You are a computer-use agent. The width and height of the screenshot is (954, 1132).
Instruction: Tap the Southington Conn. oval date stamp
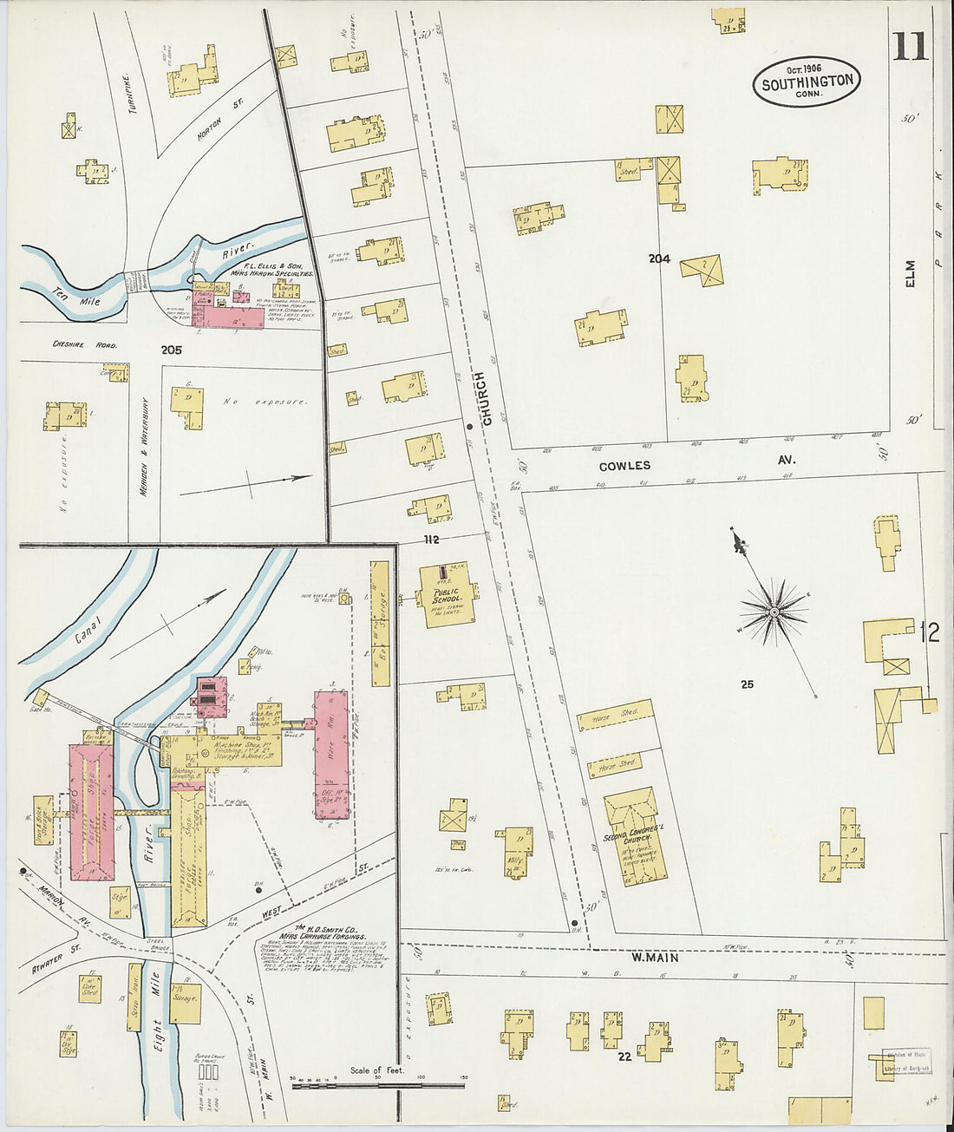(807, 82)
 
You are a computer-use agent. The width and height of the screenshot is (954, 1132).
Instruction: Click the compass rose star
(772, 613)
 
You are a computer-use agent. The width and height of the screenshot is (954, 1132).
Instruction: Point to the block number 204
(659, 258)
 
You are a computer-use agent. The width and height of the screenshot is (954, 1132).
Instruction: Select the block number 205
(171, 350)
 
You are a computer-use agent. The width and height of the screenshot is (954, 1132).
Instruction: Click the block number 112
(431, 540)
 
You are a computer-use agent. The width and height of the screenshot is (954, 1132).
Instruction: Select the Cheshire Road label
(84, 344)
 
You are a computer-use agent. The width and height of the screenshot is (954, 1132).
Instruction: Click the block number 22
(624, 1056)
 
